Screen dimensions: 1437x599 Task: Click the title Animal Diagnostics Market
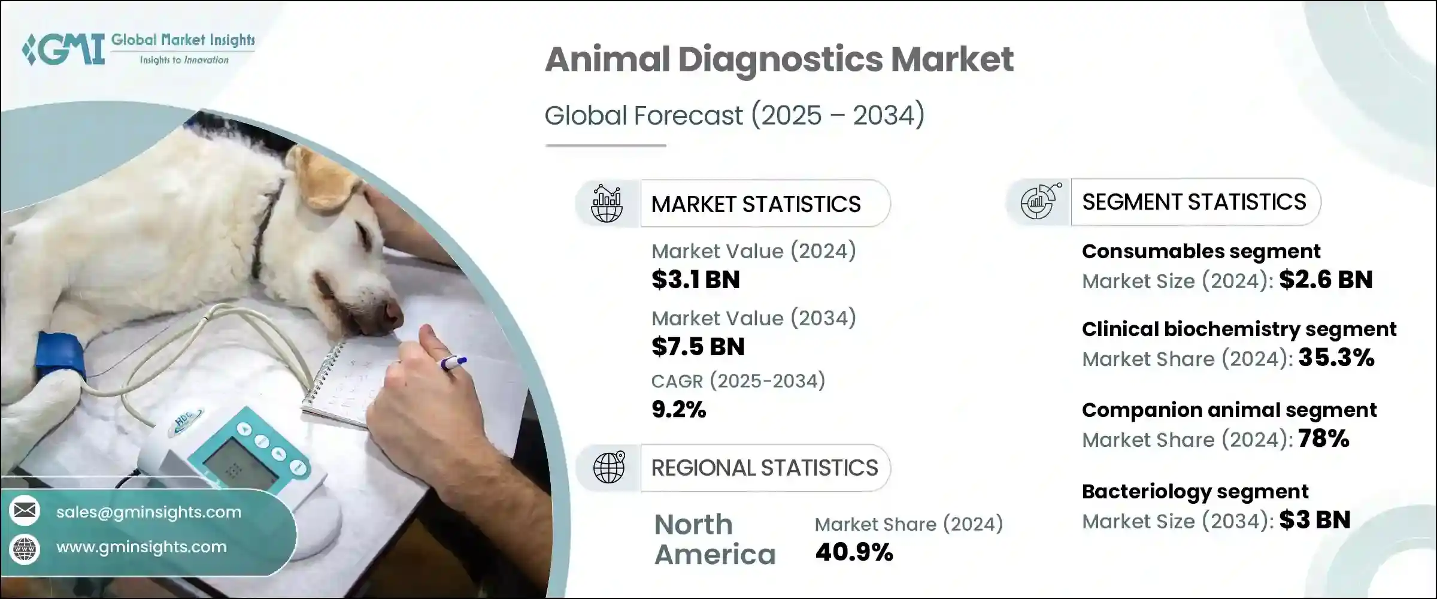pyautogui.click(x=779, y=59)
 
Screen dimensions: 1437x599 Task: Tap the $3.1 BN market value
pyautogui.click(x=696, y=280)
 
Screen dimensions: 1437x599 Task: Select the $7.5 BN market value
pyautogui.click(x=698, y=347)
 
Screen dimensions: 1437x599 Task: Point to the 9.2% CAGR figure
pyautogui.click(x=679, y=410)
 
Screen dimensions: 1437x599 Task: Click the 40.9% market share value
pyautogui.click(x=854, y=552)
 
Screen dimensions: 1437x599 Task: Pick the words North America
pyautogui.click(x=715, y=540)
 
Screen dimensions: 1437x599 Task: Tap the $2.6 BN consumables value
pyautogui.click(x=1326, y=280)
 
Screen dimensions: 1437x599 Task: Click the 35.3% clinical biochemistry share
pyautogui.click(x=1336, y=358)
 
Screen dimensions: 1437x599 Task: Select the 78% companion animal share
pyautogui.click(x=1324, y=438)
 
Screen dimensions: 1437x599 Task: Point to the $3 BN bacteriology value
pyautogui.click(x=1315, y=520)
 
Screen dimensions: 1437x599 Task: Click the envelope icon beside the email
pyautogui.click(x=25, y=510)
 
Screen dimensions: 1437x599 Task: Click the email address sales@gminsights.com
pyautogui.click(x=148, y=512)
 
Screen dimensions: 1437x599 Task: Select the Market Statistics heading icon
pyautogui.click(x=607, y=204)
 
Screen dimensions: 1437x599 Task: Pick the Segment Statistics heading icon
pyautogui.click(x=1040, y=201)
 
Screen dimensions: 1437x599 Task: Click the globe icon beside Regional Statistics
pyautogui.click(x=608, y=467)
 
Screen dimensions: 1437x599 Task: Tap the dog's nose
pyautogui.click(x=392, y=312)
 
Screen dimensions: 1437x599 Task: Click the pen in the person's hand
pyautogui.click(x=453, y=362)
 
